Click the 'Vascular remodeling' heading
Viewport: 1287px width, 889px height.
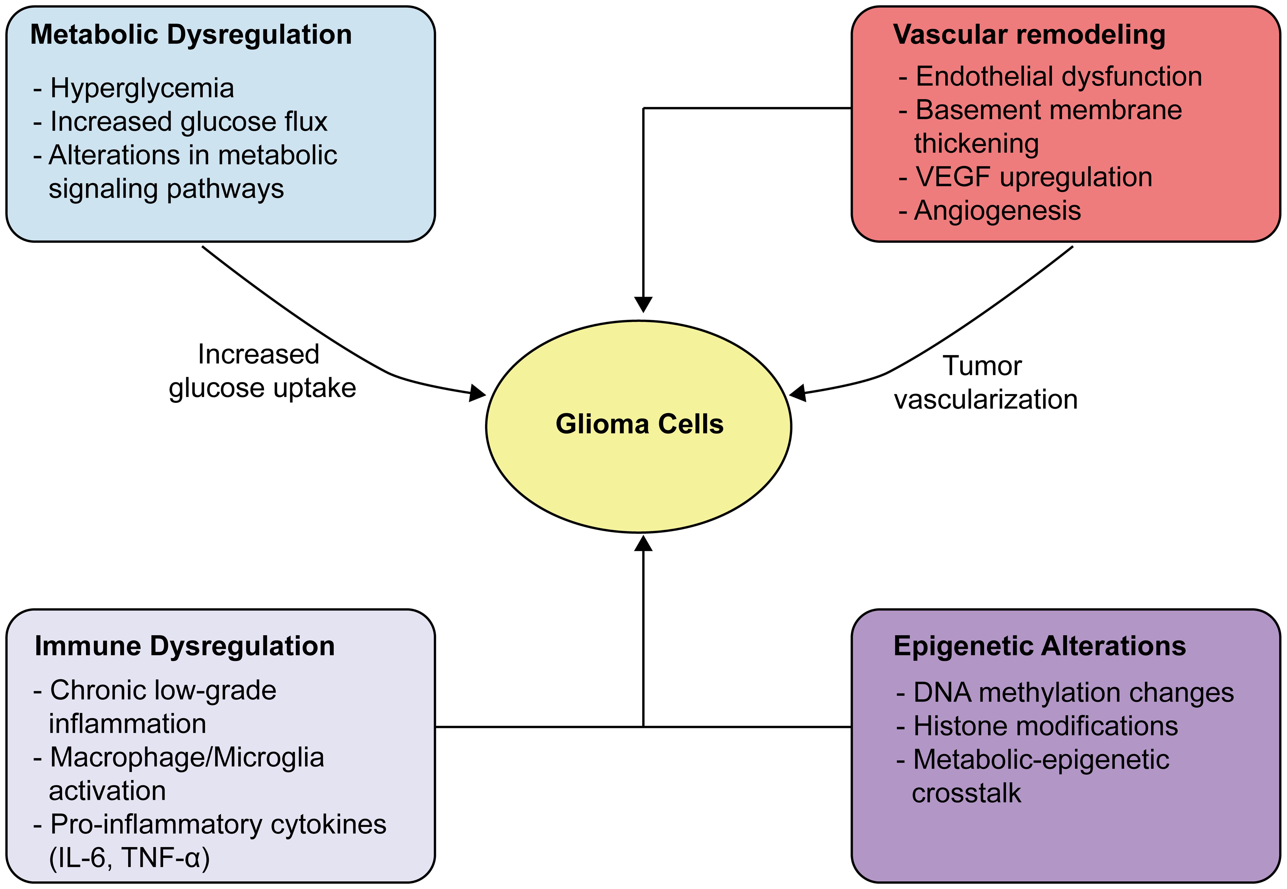(1029, 34)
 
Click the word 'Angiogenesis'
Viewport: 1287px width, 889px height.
(997, 211)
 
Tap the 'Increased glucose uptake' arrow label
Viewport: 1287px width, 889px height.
(262, 371)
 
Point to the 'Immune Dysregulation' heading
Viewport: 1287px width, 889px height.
(184, 646)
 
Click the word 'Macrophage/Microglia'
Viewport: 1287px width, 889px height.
(187, 758)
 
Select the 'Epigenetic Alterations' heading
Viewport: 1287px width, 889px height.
(1039, 646)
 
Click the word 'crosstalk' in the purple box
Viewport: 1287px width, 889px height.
(966, 793)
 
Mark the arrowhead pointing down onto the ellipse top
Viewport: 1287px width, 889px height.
(643, 305)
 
